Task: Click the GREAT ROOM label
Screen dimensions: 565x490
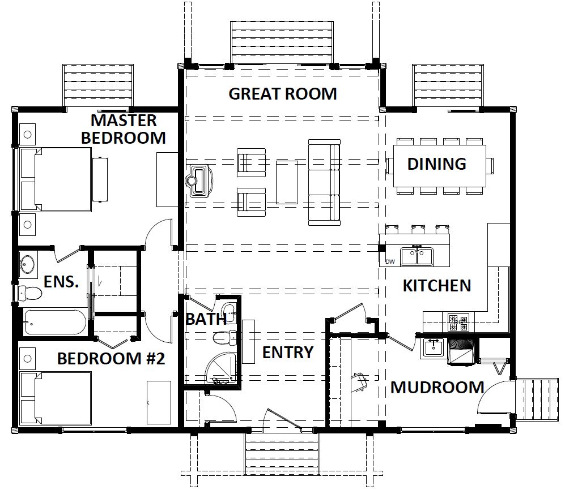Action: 283,94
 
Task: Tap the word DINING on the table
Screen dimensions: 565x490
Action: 437,164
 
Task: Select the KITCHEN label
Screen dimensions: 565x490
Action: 437,286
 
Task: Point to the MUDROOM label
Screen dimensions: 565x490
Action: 437,388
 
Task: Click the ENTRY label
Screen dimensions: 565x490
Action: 287,353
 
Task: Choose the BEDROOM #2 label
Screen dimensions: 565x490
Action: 111,359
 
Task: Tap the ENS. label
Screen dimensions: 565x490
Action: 61,282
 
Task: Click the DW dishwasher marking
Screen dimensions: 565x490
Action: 390,261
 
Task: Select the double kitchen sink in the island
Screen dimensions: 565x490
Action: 417,256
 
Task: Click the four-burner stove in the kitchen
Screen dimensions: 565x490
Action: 458,323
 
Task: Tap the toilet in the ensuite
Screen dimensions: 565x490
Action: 30,293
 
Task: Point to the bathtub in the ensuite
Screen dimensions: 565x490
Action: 55,322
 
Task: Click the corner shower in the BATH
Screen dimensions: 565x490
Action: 220,368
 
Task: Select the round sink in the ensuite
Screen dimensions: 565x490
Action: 27,264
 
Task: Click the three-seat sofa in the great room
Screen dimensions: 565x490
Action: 324,182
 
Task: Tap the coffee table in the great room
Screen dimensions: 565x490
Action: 287,182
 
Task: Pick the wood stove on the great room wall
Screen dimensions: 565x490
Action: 199,181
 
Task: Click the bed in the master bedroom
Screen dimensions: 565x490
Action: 56,179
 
